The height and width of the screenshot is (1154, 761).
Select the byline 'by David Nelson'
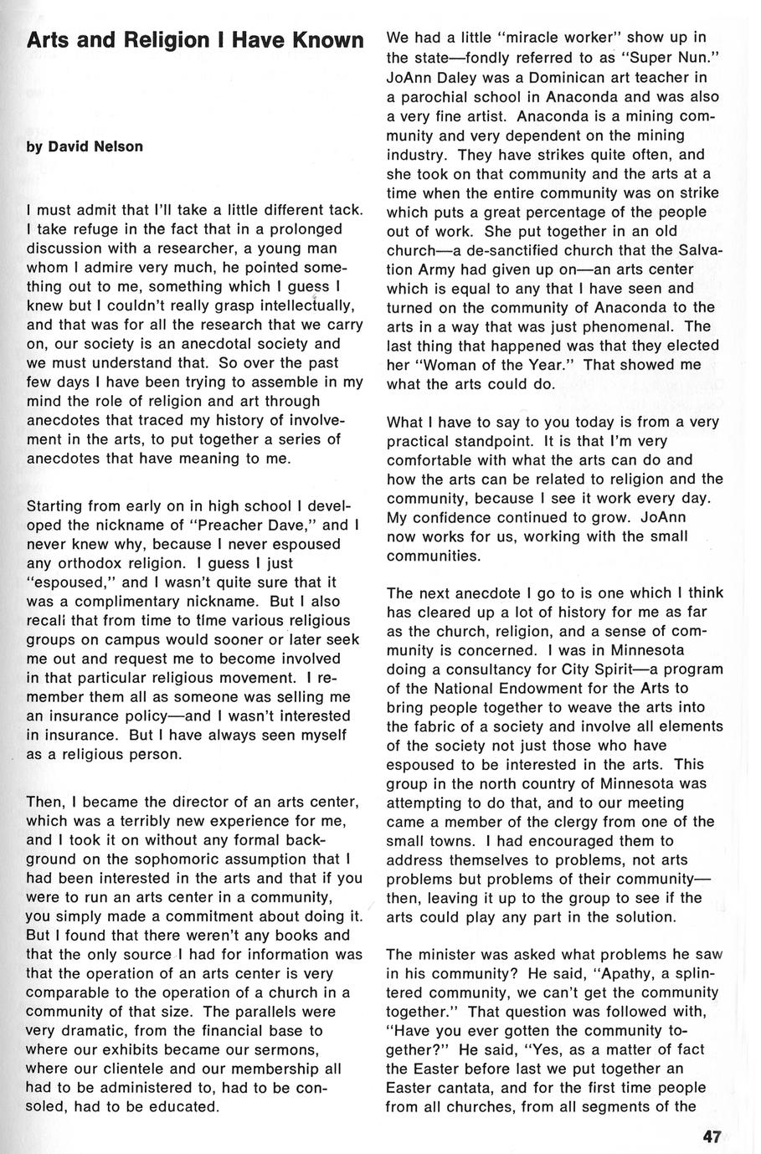(x=85, y=146)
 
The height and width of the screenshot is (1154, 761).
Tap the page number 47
(x=712, y=1136)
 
